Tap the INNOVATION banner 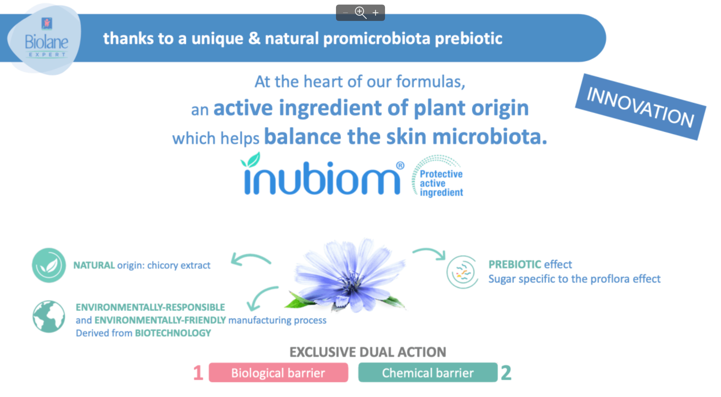[x=640, y=107]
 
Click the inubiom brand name [x=322, y=178]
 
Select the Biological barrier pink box [x=278, y=372]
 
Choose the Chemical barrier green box [x=428, y=372]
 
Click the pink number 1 [x=198, y=373]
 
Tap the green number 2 [x=506, y=373]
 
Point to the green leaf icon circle [x=49, y=265]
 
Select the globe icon [x=49, y=317]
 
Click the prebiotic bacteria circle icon [x=462, y=272]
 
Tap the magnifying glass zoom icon [x=360, y=12]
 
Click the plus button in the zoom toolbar [x=376, y=13]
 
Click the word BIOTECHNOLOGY [x=173, y=333]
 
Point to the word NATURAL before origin [x=94, y=265]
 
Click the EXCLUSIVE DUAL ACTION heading [x=368, y=352]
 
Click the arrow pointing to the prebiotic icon [x=429, y=253]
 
